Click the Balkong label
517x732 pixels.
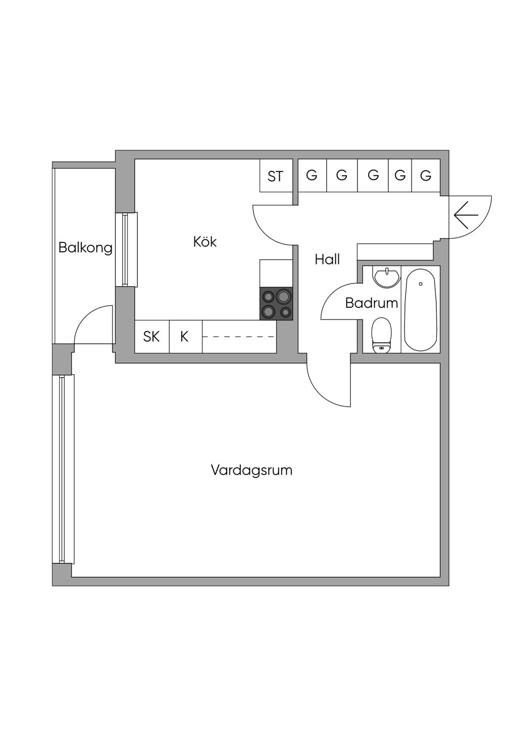click(x=85, y=248)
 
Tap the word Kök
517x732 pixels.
click(x=205, y=242)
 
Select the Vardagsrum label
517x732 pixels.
click(x=251, y=470)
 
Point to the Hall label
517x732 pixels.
click(x=327, y=259)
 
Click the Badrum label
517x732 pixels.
click(x=372, y=303)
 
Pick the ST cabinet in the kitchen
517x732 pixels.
click(x=276, y=176)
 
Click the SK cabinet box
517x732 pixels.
click(x=151, y=336)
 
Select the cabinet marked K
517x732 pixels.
click(x=185, y=336)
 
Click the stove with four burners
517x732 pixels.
click(x=277, y=303)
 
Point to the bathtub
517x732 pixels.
click(x=420, y=309)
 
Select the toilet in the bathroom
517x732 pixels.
click(x=382, y=335)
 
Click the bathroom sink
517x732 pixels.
click(x=386, y=277)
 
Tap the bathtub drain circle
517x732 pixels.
click(x=420, y=284)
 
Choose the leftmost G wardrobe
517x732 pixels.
click(x=312, y=175)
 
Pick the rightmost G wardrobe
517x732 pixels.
click(x=426, y=175)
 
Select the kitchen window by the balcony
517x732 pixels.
click(x=126, y=250)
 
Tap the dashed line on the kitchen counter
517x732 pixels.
click(x=238, y=336)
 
